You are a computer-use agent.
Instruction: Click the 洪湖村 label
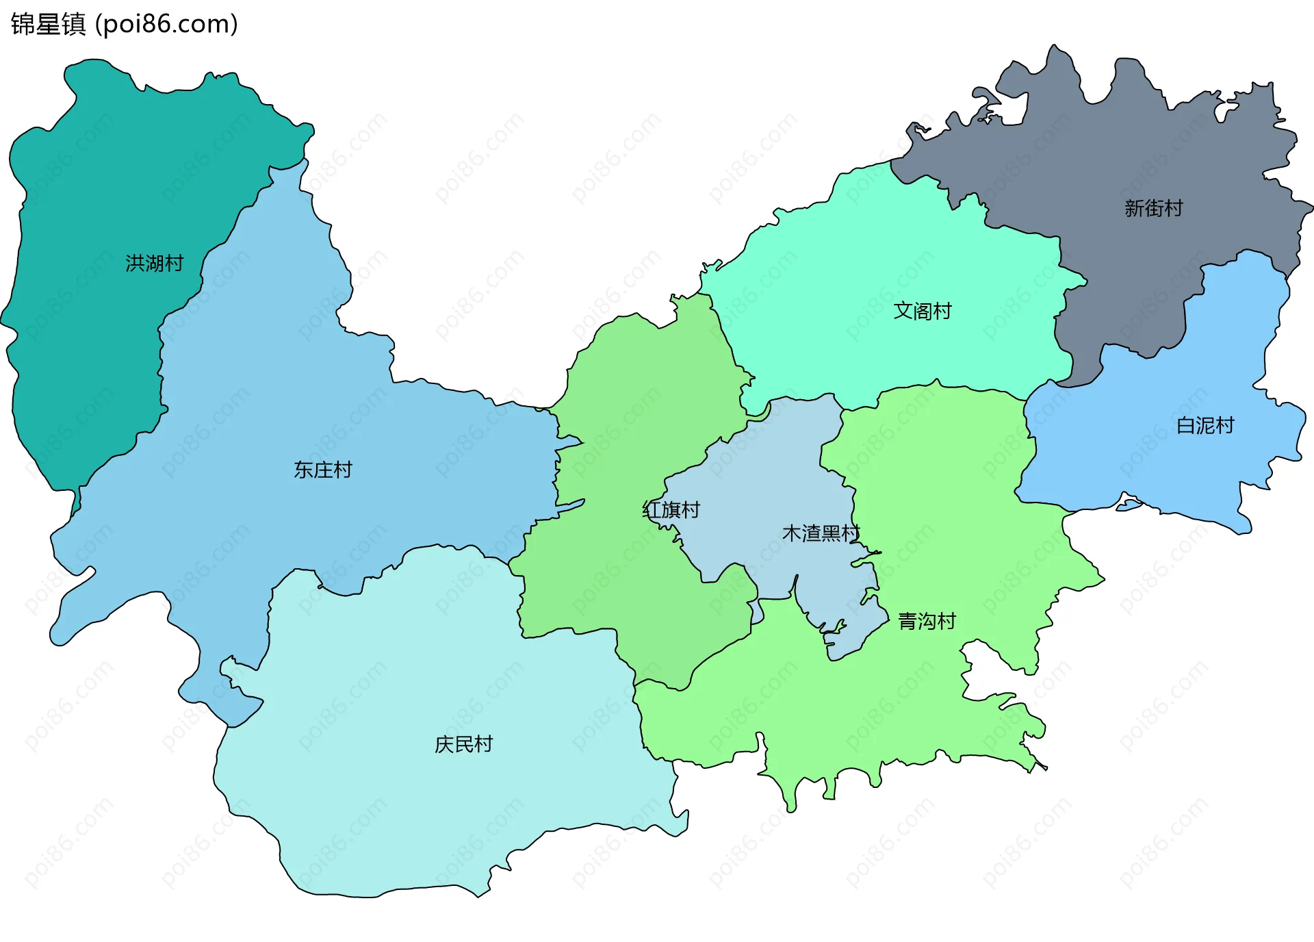[155, 263]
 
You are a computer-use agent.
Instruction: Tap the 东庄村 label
[322, 470]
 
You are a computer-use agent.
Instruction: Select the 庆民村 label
[463, 744]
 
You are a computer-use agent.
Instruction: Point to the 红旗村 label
[671, 510]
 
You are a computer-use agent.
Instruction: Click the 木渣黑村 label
[821, 533]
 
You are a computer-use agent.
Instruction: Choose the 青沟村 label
[927, 622]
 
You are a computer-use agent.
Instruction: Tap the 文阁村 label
[923, 311]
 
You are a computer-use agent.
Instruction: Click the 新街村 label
[1154, 208]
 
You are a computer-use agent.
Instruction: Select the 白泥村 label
[1205, 426]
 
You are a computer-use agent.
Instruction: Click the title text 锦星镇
[48, 24]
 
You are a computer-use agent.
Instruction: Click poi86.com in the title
[167, 24]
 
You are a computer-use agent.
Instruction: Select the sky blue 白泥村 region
[1163, 466]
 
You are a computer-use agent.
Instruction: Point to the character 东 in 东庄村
[303, 470]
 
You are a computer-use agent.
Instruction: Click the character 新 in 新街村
[1134, 208]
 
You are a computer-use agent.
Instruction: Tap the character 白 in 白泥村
[1186, 426]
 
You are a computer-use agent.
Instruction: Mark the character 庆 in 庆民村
[444, 744]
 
